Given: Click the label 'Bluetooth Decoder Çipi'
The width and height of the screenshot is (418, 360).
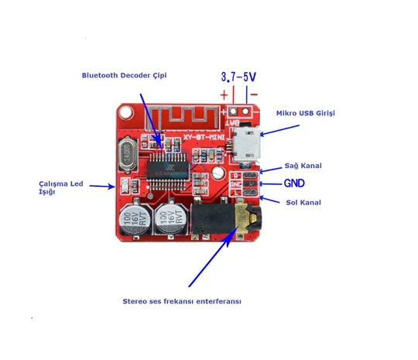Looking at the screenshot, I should coord(124,75).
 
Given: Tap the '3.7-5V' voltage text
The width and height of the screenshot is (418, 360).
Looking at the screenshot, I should coord(239,77).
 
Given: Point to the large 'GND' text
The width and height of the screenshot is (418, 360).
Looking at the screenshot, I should coord(294,184).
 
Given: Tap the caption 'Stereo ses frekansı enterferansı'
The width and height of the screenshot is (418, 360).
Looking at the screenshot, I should coord(182,300).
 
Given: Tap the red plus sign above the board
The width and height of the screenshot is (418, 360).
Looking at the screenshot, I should coord(225,95).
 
